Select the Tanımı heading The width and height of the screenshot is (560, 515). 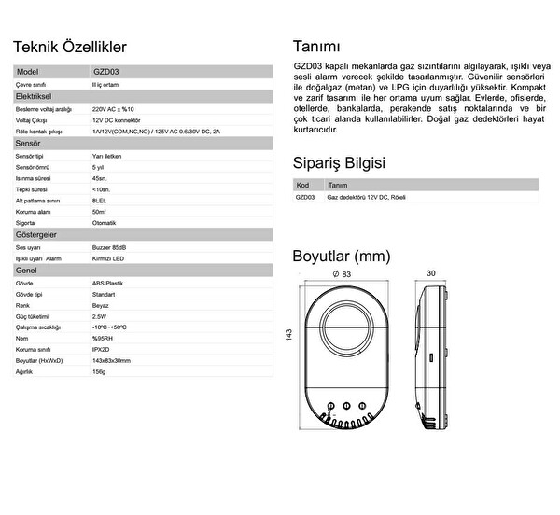316,47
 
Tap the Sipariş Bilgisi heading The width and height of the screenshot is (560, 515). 339,163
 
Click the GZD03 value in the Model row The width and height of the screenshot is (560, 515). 105,71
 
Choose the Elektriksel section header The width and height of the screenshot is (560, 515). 39,96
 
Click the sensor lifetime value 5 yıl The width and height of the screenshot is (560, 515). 98,166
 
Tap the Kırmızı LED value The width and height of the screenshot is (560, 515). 107,258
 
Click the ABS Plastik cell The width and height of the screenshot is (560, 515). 107,282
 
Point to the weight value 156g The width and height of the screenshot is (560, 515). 99,370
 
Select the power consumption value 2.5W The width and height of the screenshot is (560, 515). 99,315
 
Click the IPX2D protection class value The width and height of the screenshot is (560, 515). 101,348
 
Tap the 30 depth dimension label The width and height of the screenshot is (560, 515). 431,274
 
